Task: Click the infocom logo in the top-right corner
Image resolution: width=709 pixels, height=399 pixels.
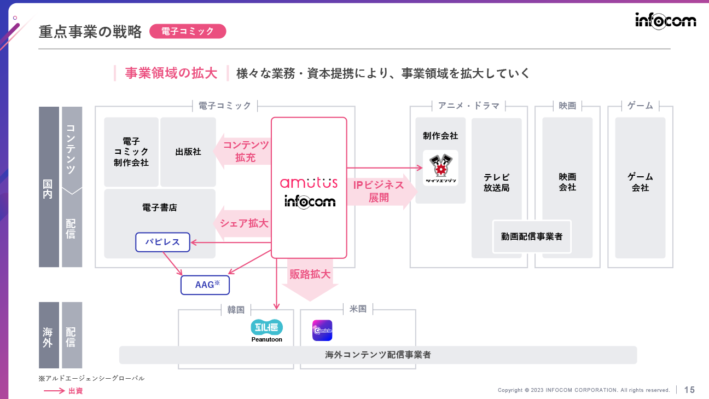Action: [665, 20]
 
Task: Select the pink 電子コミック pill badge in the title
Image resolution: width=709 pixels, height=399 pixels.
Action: [188, 31]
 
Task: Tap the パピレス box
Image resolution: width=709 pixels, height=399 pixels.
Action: [162, 242]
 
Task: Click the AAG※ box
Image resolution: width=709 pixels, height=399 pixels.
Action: [205, 285]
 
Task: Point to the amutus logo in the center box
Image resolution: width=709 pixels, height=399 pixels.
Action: [309, 183]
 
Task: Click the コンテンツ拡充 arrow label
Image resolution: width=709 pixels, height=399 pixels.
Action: [245, 151]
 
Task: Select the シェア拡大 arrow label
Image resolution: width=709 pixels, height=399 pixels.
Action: [243, 223]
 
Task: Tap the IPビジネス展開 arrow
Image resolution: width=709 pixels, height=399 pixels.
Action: [378, 192]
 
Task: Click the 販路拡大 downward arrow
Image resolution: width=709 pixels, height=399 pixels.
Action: [310, 279]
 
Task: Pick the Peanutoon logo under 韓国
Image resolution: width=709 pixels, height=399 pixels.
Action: [266, 331]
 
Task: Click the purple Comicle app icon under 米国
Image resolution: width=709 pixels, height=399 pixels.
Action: [322, 331]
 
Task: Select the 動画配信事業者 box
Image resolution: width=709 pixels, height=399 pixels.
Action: [532, 237]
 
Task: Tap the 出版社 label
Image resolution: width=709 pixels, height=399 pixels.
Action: [188, 152]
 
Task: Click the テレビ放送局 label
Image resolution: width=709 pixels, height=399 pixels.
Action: [496, 182]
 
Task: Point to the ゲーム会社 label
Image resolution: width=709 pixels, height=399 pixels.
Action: [640, 182]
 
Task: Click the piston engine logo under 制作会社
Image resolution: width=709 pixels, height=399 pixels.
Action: [440, 167]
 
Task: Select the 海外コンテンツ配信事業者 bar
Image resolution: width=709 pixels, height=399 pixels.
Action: [378, 355]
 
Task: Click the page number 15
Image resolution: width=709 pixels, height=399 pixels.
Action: [689, 390]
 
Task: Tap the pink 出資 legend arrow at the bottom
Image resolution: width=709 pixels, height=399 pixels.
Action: [55, 391]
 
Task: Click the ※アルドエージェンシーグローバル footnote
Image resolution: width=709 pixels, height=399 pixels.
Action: [91, 378]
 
